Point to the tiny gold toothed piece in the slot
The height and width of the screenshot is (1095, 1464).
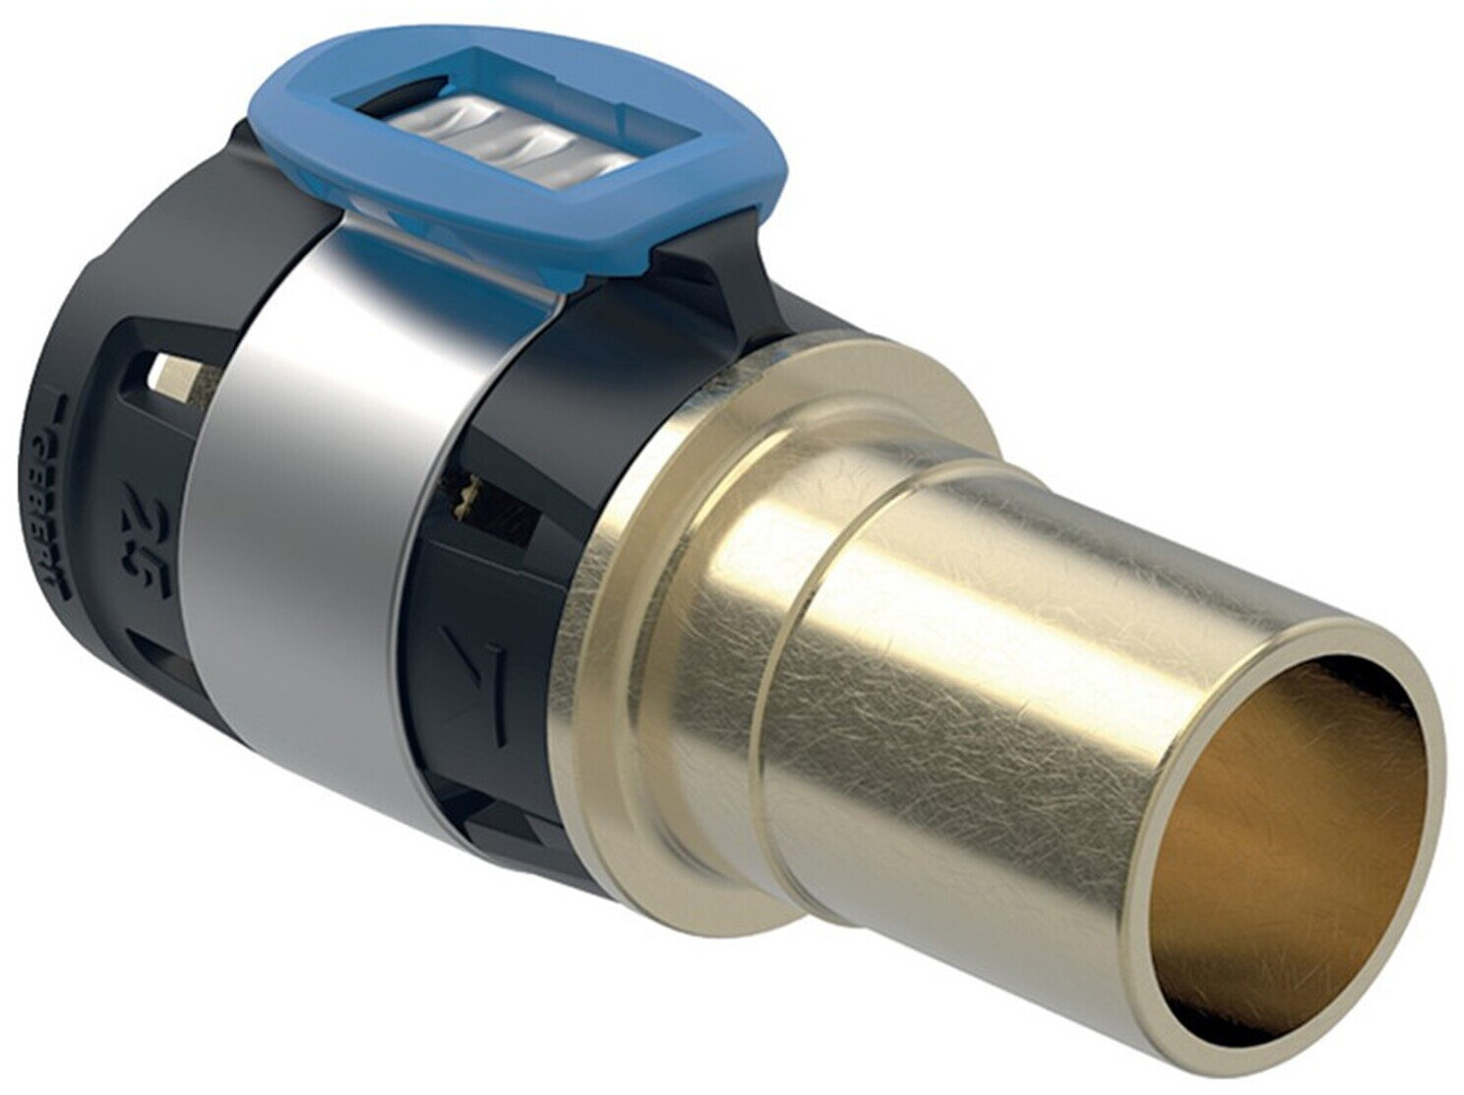[x=470, y=486]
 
